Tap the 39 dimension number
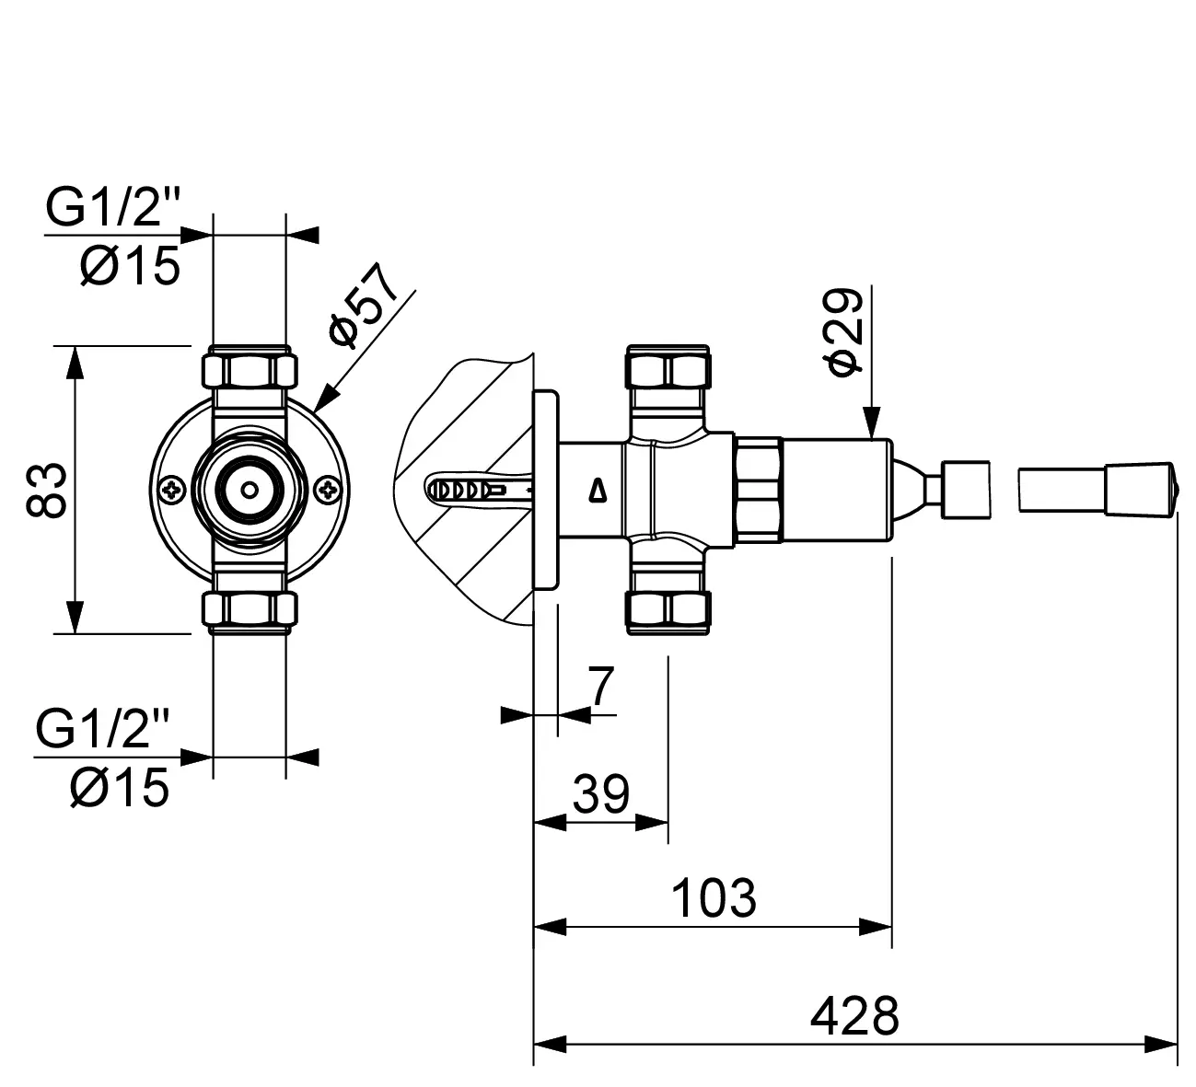[x=600, y=793]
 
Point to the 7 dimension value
[x=601, y=686]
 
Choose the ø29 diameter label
[x=845, y=331]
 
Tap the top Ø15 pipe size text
[x=129, y=267]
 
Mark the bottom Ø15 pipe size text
[x=120, y=788]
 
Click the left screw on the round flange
[x=171, y=490]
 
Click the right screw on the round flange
[x=327, y=490]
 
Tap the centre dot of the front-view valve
[x=249, y=490]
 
